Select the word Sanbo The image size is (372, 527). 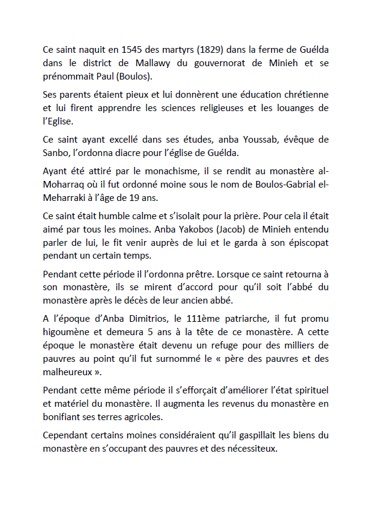57,152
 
